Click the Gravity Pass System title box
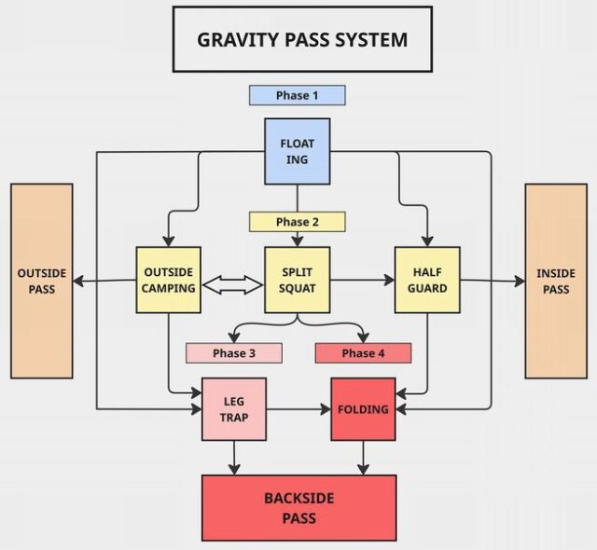tap(302, 40)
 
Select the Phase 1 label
tap(297, 95)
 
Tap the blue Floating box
tap(297, 150)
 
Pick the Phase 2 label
tap(297, 222)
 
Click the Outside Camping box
tap(168, 280)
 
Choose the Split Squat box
tap(297, 280)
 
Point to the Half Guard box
tap(426, 280)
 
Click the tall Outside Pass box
tap(41, 281)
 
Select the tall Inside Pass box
tap(555, 281)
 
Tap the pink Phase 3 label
tap(233, 353)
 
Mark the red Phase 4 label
tap(363, 353)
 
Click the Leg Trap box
tap(233, 409)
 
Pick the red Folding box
tap(363, 409)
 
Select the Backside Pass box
tap(298, 508)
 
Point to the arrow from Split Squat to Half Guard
tap(361, 280)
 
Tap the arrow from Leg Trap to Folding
tap(298, 409)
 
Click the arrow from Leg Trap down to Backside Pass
tap(233, 457)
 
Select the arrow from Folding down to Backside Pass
tap(363, 457)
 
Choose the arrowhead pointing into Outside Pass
tap(79, 280)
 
